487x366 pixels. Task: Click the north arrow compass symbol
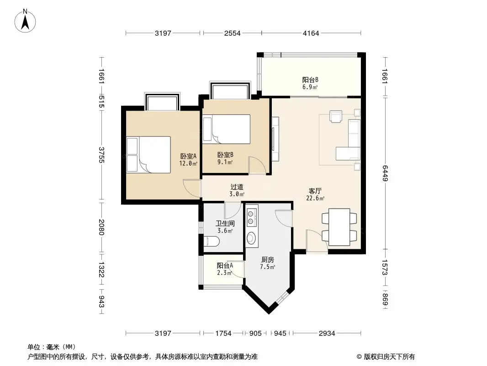point(26,21)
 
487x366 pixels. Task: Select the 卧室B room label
point(225,158)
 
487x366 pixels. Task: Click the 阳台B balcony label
point(310,82)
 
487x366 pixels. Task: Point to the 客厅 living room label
point(315,194)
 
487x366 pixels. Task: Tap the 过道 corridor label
point(237,190)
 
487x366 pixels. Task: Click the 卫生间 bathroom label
point(225,227)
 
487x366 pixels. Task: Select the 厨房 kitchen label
point(267,263)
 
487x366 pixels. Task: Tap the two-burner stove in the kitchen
point(251,218)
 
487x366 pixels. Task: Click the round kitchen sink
point(251,238)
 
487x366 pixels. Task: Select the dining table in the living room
point(339,227)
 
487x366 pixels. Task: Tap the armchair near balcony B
point(337,117)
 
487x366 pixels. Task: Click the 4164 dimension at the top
point(311,33)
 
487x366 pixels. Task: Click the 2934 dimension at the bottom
point(327,333)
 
